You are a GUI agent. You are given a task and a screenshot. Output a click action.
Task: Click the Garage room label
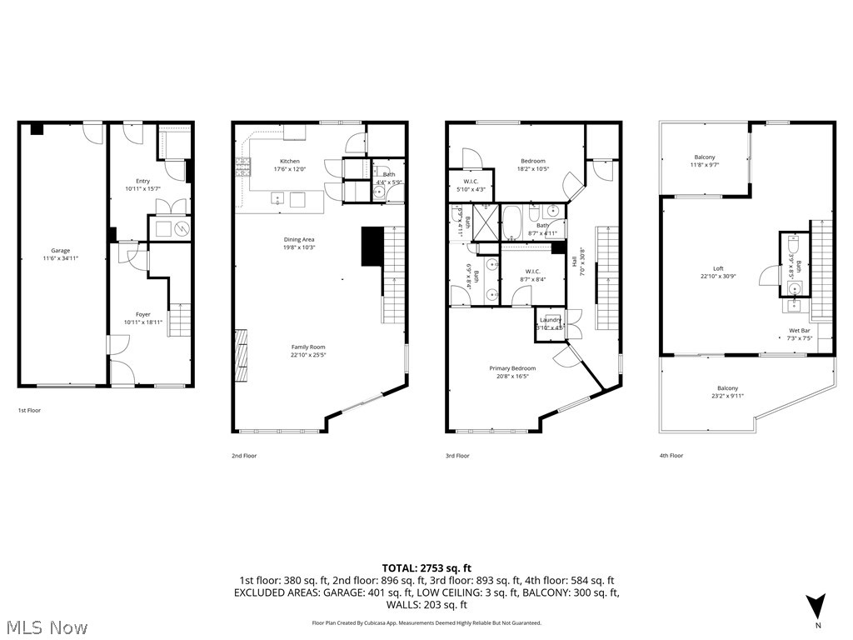pyautogui.click(x=60, y=251)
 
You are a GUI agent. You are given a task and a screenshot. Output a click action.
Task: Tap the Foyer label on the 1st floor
pyautogui.click(x=143, y=314)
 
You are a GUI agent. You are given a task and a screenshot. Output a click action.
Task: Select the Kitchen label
pyautogui.click(x=289, y=161)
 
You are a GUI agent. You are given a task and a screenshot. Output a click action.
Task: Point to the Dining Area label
pyautogui.click(x=298, y=239)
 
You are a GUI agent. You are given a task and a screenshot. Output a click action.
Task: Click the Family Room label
pyautogui.click(x=307, y=347)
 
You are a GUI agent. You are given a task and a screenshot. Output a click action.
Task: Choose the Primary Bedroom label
pyautogui.click(x=512, y=368)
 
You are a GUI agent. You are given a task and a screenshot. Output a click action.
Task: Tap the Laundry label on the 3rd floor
pyautogui.click(x=550, y=320)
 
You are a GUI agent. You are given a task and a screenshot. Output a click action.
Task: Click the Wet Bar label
pyautogui.click(x=800, y=331)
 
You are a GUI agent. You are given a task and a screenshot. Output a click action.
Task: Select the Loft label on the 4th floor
pyautogui.click(x=706, y=268)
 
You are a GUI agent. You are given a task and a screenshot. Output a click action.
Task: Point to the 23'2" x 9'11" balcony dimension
pyautogui.click(x=727, y=397)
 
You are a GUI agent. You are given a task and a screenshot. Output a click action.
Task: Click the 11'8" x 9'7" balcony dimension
pyautogui.click(x=705, y=165)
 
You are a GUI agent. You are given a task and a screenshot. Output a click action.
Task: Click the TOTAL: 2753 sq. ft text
pyautogui.click(x=426, y=567)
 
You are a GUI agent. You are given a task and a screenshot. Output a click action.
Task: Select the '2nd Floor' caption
pyautogui.click(x=244, y=456)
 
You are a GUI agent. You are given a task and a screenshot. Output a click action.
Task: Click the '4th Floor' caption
pyautogui.click(x=671, y=456)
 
